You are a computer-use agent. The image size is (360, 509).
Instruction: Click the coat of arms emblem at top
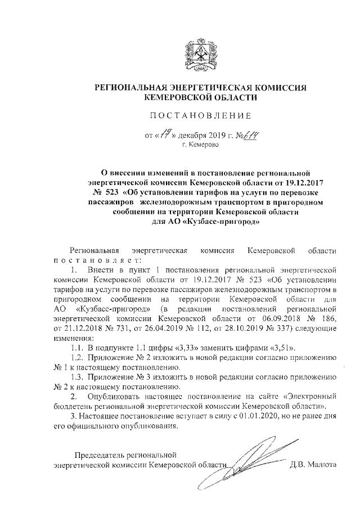pyautogui.click(x=200, y=53)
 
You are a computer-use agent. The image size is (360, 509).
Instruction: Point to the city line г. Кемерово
pyautogui.click(x=200, y=145)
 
